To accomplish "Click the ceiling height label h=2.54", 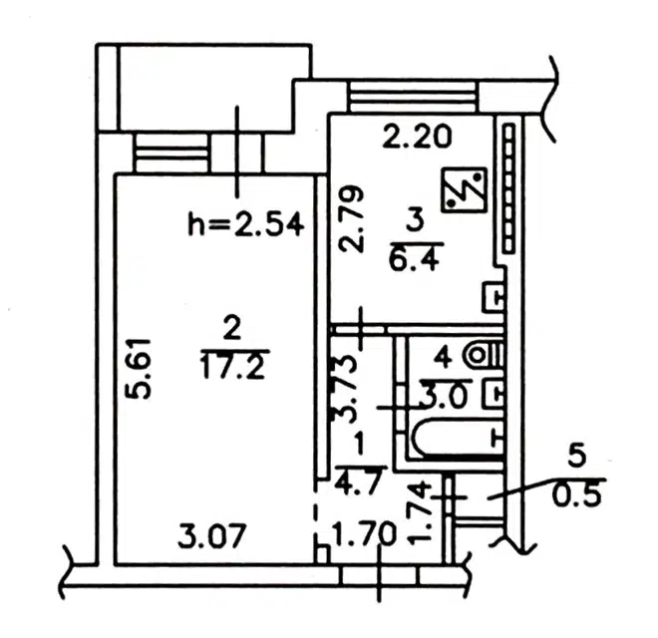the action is (x=246, y=225).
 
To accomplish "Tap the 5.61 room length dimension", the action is (x=138, y=369).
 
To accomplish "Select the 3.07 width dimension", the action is (x=210, y=537).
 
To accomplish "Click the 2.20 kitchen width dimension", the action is (x=417, y=137).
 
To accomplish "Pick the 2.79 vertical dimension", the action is (x=351, y=219).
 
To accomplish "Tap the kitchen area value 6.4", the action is (x=415, y=258).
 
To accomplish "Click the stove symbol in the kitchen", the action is (x=465, y=189).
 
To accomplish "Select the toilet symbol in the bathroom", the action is (x=484, y=356).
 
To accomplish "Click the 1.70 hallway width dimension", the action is (x=364, y=534).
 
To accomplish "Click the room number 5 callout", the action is (x=576, y=457).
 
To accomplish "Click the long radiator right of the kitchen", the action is (x=508, y=188).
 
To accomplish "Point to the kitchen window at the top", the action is (x=414, y=97).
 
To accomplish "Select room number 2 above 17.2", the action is (x=232, y=328).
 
